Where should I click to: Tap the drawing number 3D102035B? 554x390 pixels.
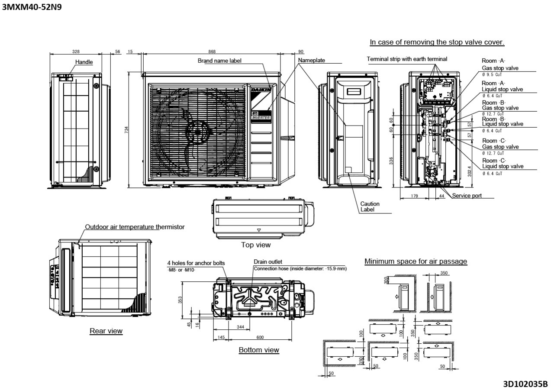tap(525, 384)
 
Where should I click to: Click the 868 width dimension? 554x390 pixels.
tap(212, 52)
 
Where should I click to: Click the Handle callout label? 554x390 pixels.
tap(84, 62)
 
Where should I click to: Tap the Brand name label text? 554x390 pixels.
tap(219, 61)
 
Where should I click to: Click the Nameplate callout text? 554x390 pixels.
tap(312, 60)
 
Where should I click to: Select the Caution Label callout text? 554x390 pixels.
tap(370, 206)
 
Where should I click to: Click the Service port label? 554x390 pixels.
tap(467, 196)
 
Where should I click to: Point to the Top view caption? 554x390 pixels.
tap(256, 245)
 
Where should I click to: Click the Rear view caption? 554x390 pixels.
tap(106, 331)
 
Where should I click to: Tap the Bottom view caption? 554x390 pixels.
tap(259, 350)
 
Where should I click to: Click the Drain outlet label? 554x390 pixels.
tap(268, 261)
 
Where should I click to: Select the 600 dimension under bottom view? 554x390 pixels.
tap(260, 338)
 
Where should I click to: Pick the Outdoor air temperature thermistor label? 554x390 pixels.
tap(135, 227)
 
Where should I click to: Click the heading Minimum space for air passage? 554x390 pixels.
tap(415, 261)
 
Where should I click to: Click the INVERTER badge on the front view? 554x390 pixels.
tap(261, 117)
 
